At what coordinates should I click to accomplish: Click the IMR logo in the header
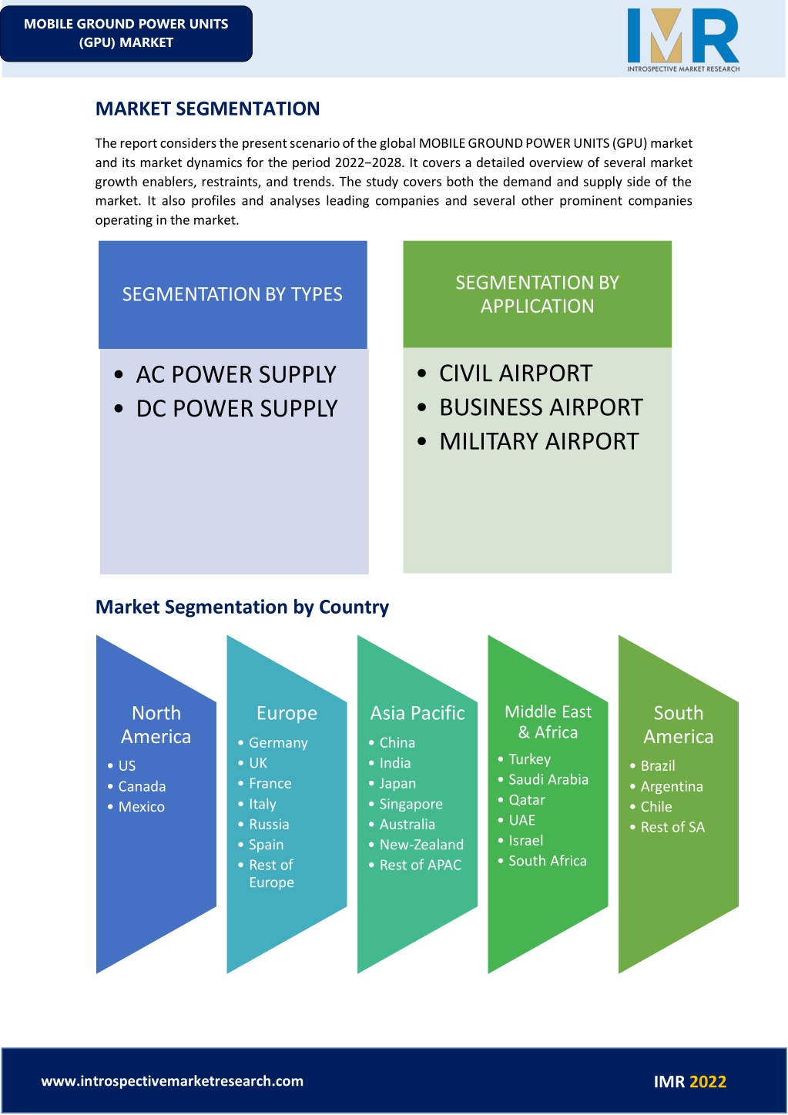click(683, 40)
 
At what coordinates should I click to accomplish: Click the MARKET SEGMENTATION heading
click(207, 109)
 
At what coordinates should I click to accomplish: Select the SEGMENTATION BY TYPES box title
click(233, 294)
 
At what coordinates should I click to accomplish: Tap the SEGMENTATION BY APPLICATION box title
click(537, 294)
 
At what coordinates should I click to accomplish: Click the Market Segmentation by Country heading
click(242, 607)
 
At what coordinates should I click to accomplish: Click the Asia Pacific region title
click(417, 713)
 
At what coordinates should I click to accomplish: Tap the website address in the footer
click(173, 1080)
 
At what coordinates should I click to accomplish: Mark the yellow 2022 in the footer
click(708, 1081)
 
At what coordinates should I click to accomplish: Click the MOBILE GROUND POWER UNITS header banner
click(126, 33)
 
